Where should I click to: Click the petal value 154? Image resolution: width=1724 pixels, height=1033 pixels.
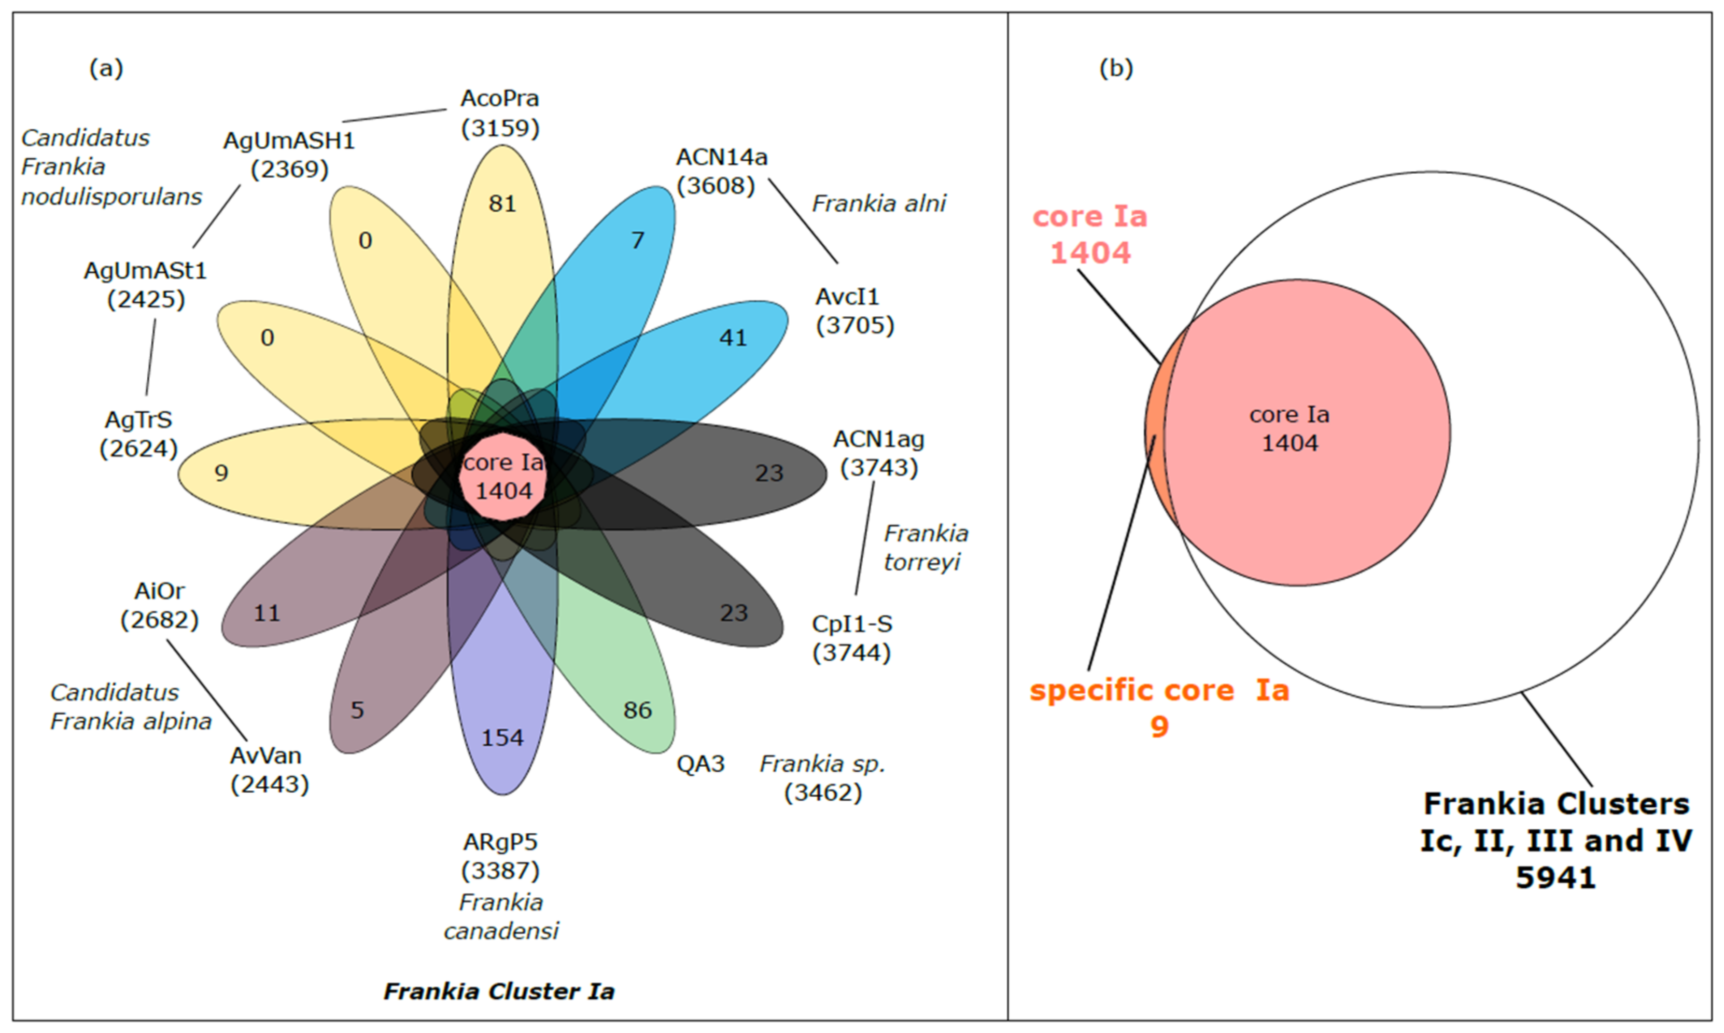[x=502, y=738]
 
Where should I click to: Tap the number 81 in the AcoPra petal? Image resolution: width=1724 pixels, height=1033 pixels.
[x=502, y=204]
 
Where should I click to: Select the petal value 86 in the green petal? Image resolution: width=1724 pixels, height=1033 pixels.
[x=638, y=710]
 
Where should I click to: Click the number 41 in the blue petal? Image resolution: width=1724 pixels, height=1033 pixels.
[x=733, y=338]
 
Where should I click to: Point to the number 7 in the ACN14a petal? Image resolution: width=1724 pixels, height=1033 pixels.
[x=638, y=240]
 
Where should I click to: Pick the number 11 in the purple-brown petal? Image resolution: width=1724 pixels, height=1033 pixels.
[x=267, y=613]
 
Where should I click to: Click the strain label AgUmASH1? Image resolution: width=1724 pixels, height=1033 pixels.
[x=289, y=141]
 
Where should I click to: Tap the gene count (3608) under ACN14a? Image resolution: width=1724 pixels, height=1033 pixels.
[x=716, y=186]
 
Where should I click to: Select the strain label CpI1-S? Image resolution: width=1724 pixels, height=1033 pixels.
[x=852, y=624]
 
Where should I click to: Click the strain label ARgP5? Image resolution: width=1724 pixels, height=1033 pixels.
[x=500, y=842]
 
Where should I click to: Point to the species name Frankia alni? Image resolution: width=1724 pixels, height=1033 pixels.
[x=879, y=203]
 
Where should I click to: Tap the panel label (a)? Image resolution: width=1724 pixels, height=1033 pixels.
[x=106, y=68]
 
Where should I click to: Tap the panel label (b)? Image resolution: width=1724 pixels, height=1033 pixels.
[x=1116, y=68]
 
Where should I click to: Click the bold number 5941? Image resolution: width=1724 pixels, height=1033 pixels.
[x=1555, y=878]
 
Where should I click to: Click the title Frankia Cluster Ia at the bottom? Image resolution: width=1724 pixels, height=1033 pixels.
[x=499, y=991]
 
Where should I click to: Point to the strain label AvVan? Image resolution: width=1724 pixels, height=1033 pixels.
[x=266, y=755]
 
